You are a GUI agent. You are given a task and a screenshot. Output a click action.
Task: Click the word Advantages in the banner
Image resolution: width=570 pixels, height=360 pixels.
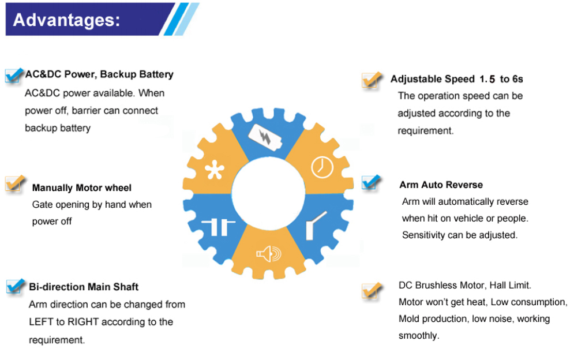click(x=66, y=20)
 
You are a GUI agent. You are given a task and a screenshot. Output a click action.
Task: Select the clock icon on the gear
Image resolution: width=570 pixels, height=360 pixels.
click(x=322, y=167)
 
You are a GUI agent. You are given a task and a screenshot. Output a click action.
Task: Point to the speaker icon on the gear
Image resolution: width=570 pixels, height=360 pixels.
click(x=269, y=253)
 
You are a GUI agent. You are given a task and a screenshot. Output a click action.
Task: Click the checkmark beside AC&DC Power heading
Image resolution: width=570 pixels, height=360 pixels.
click(x=14, y=76)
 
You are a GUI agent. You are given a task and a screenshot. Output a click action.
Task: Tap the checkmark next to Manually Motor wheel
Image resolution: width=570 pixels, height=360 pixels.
click(x=15, y=183)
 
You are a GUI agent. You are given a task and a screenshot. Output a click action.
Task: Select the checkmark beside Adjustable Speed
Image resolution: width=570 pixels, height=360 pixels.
click(x=372, y=80)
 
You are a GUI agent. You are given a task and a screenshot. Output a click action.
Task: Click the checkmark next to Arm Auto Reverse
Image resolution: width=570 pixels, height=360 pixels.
click(x=372, y=183)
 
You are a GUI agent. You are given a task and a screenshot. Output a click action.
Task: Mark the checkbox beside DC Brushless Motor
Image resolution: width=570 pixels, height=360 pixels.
click(x=372, y=290)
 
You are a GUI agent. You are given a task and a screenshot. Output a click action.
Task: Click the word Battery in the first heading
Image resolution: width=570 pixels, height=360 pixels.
click(x=155, y=74)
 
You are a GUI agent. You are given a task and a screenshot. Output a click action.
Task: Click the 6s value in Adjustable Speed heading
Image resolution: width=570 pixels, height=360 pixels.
click(x=517, y=79)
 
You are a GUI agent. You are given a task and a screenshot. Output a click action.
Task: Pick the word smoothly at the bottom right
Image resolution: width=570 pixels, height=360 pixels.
click(x=418, y=336)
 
